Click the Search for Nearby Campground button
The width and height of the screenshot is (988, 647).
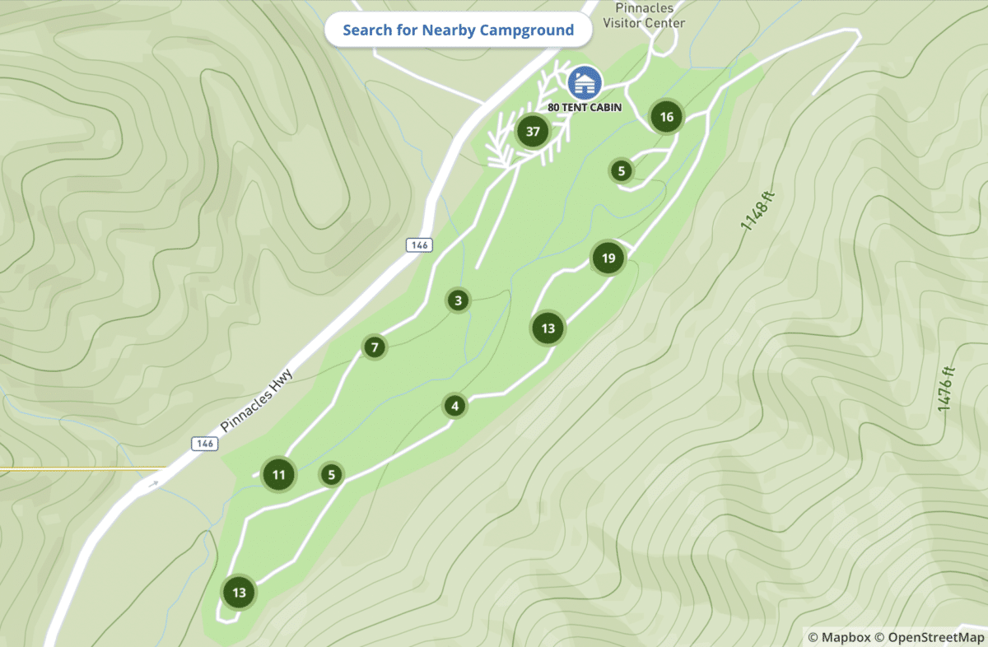[458, 30]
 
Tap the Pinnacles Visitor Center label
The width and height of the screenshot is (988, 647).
[644, 16]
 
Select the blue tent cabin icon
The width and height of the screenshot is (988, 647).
[585, 83]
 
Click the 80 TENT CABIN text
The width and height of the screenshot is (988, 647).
[585, 107]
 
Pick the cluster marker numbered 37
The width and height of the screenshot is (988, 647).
[533, 131]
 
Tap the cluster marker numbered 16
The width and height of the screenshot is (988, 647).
[666, 117]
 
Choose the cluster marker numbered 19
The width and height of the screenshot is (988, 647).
[608, 259]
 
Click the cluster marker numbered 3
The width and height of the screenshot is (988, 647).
[458, 300]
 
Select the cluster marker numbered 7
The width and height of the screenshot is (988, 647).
[374, 347]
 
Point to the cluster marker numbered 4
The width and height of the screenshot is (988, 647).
[454, 406]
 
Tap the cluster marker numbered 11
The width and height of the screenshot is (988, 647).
[279, 474]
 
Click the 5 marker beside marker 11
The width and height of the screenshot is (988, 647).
[331, 474]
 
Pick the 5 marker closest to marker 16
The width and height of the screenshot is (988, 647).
[621, 171]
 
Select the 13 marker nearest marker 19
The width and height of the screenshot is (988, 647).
[548, 328]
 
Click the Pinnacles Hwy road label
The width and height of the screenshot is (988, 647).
[257, 402]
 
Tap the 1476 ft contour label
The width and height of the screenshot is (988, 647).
[946, 389]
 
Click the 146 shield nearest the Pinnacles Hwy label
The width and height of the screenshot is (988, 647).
[205, 444]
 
